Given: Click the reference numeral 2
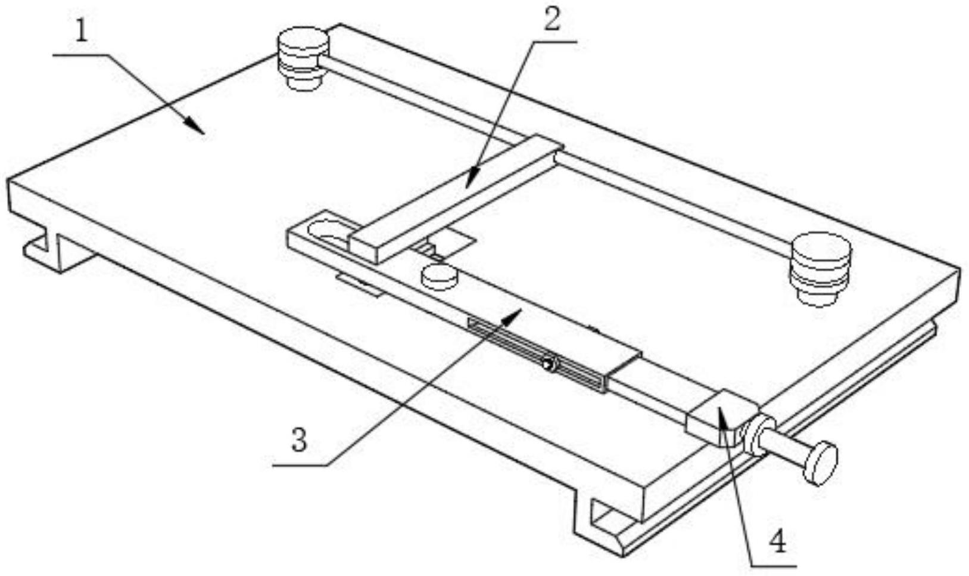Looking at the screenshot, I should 552,20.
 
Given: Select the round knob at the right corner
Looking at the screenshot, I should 820,268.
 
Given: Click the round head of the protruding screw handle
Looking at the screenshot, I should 820,462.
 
